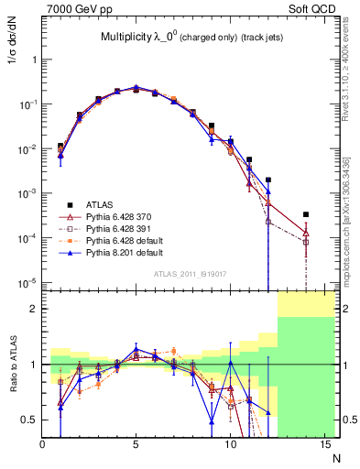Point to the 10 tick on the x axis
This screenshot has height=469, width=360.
pyautogui.click(x=230, y=445)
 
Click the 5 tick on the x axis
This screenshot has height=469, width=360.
pyautogui.click(x=136, y=445)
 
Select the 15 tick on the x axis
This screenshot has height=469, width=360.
pyautogui.click(x=323, y=445)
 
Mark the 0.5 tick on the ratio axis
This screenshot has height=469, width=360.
pyautogui.click(x=31, y=420)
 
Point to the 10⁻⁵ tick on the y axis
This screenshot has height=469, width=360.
pyautogui.click(x=28, y=282)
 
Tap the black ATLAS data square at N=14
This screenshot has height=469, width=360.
pyautogui.click(x=305, y=214)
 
